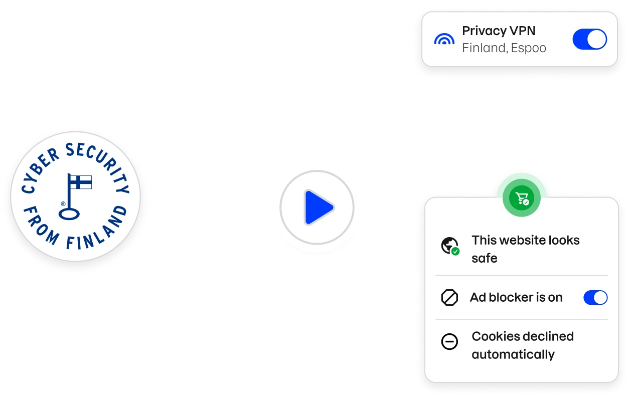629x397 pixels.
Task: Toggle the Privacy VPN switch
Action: pos(589,39)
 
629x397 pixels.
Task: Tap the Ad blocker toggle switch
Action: pos(595,298)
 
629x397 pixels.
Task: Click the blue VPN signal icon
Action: pos(444,40)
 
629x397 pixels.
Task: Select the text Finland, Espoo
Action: pos(504,48)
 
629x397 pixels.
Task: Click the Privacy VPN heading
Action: pos(499,31)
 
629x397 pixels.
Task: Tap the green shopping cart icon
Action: pos(522,198)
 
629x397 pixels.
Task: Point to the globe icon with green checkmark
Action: pos(449,246)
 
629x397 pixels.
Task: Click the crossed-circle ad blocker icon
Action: pos(449,298)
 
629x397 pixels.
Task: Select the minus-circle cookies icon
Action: pos(449,342)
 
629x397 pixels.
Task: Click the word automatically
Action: pos(513,354)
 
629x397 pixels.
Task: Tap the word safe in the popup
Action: pos(484,258)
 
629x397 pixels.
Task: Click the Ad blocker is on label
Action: pos(516,297)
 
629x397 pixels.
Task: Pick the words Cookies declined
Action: pos(522,336)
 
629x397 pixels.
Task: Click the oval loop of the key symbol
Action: pos(69,214)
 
